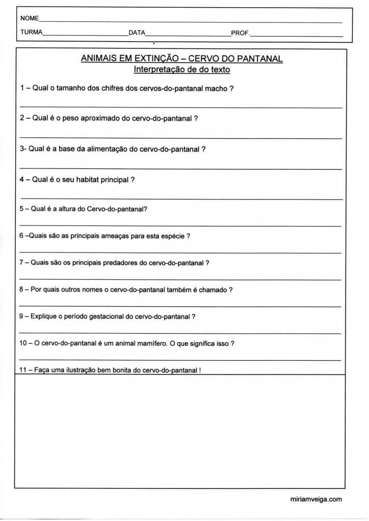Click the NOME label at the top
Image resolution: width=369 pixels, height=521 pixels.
[30, 18]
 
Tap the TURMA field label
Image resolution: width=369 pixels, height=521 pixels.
[32, 33]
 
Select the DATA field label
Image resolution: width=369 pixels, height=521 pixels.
[137, 33]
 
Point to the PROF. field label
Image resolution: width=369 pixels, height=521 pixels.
[240, 33]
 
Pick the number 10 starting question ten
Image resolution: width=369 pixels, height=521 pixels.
[23, 343]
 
